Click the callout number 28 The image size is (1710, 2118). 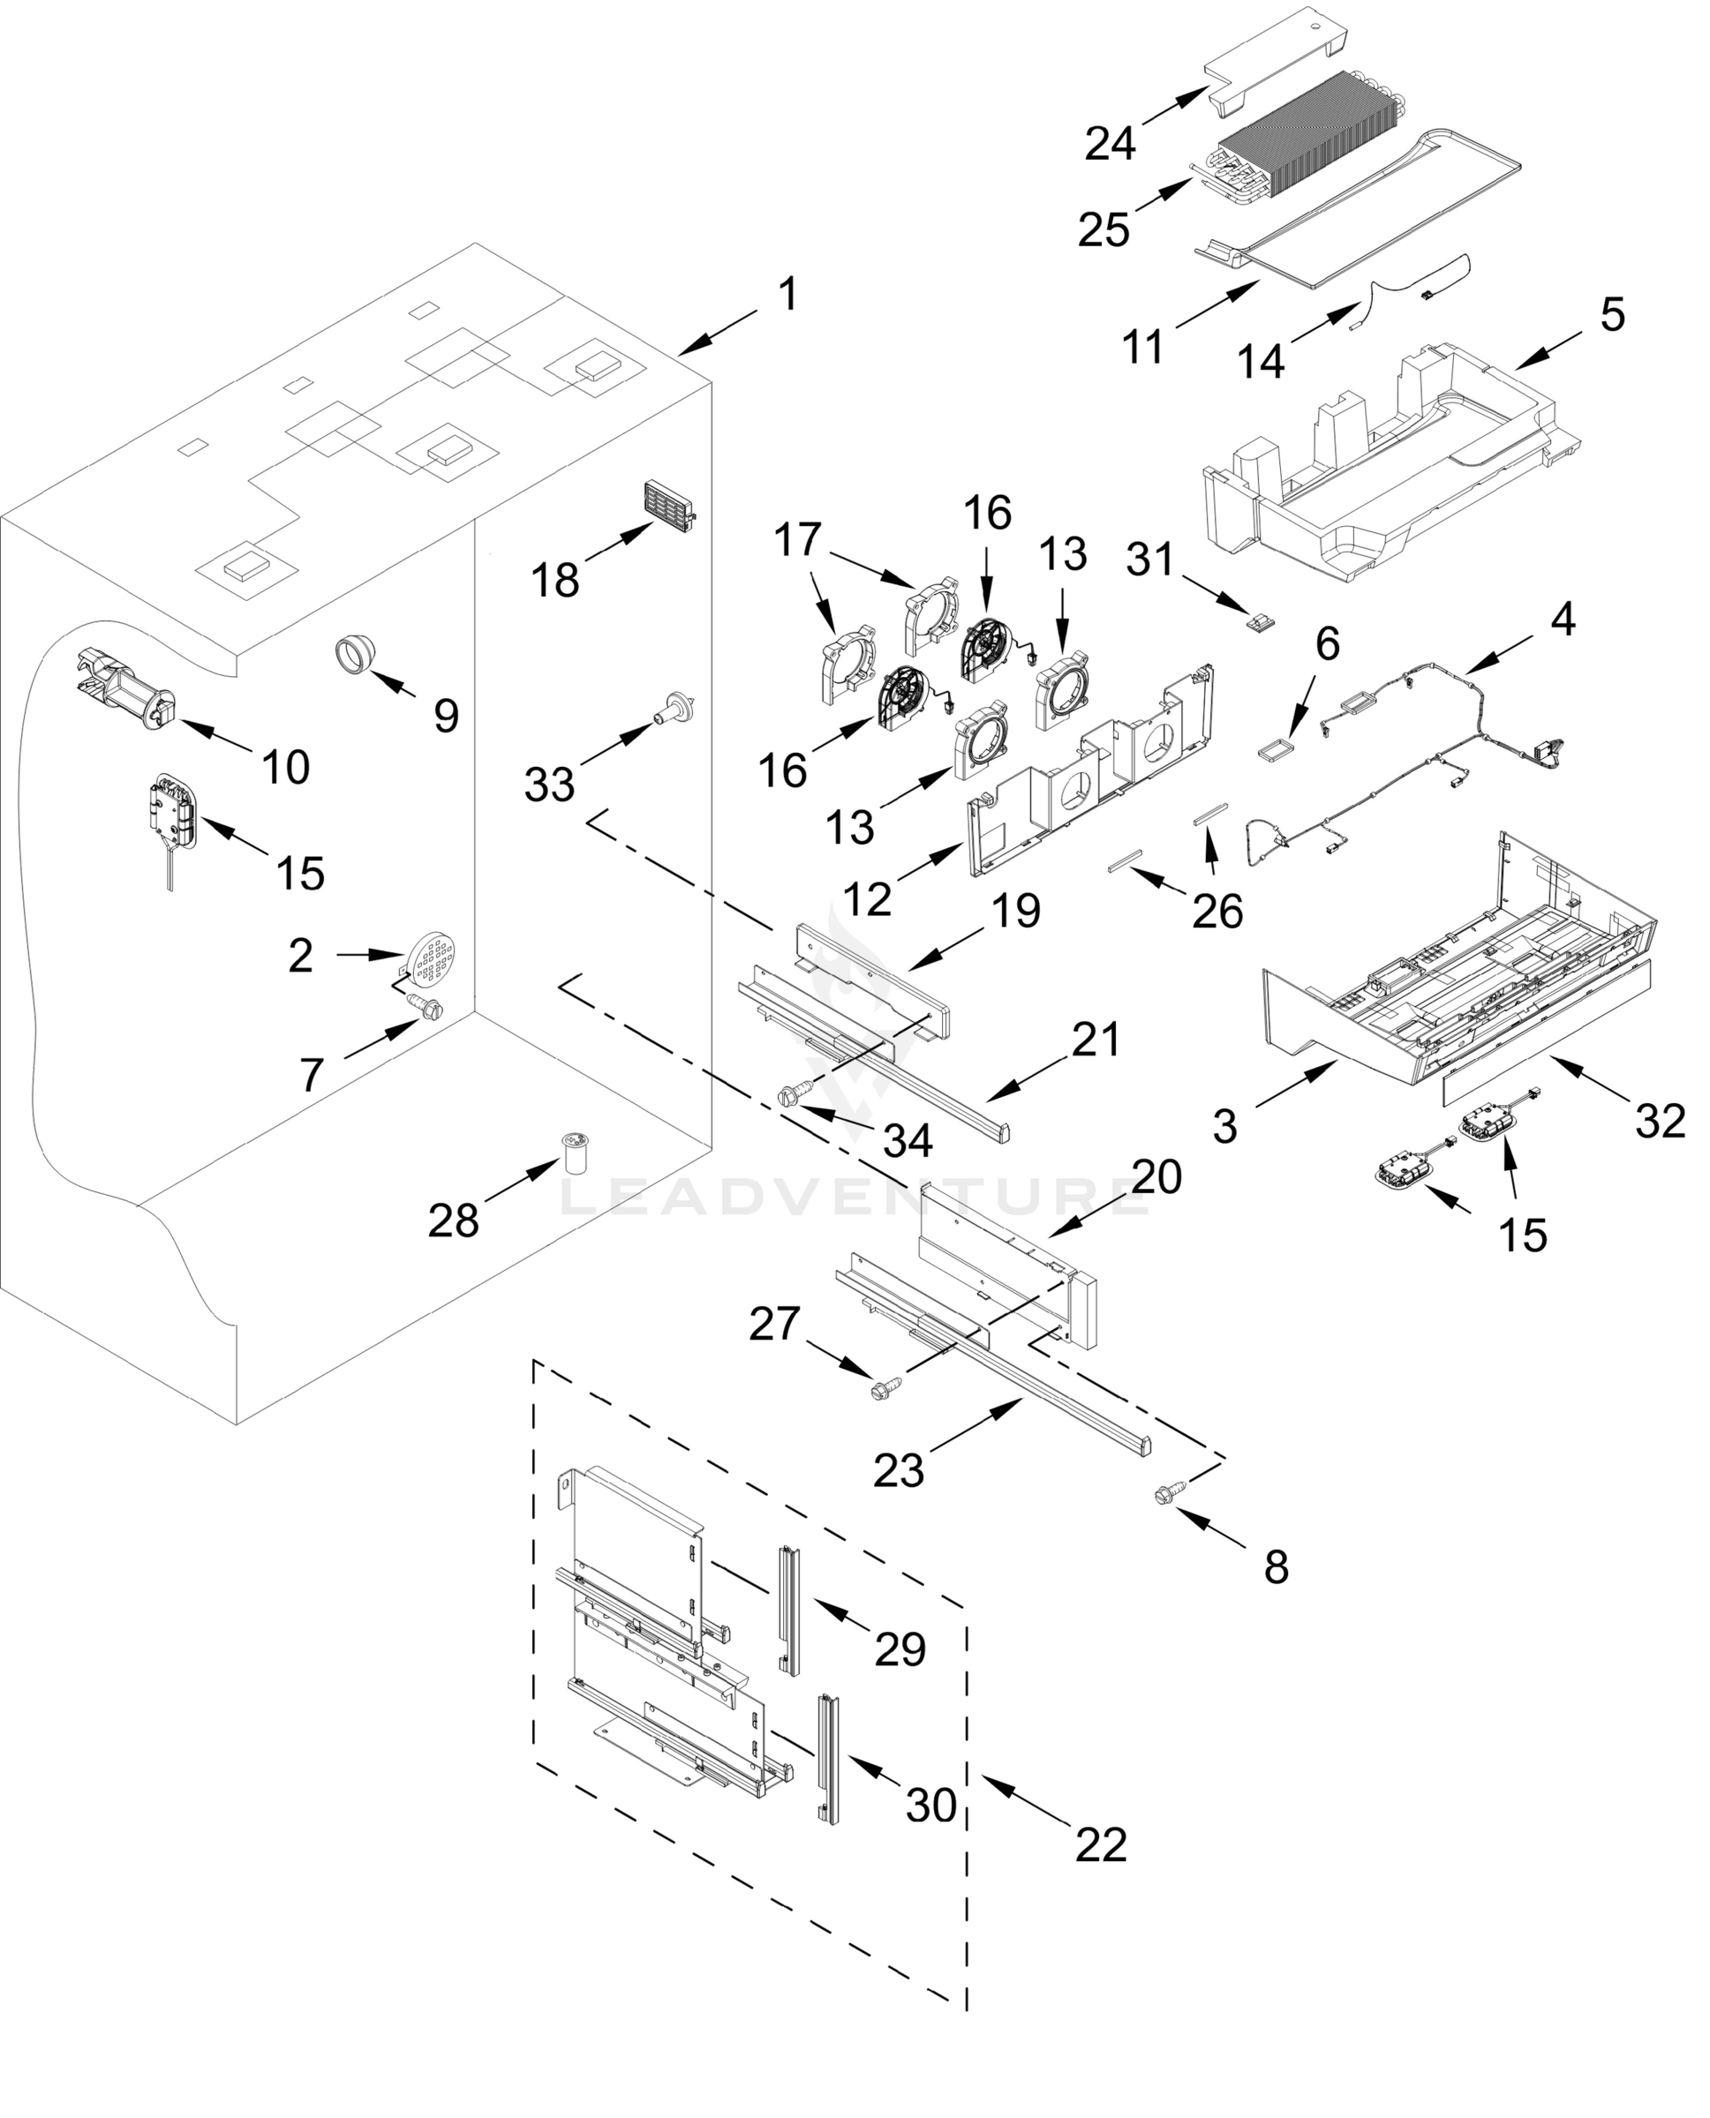tap(453, 1221)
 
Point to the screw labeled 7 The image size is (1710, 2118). tap(426, 1009)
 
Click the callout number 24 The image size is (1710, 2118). tap(1110, 144)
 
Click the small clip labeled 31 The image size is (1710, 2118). tap(1260, 622)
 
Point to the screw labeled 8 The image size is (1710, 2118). tap(1167, 1497)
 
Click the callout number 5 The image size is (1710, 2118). tap(1611, 315)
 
